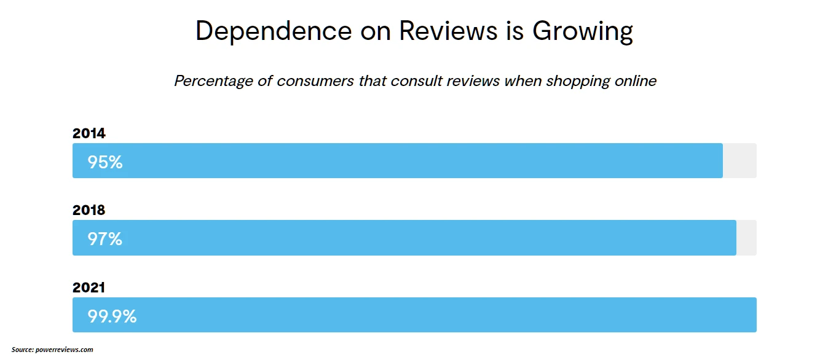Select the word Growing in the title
tap(583, 31)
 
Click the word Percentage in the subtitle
tap(214, 81)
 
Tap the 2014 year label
tap(89, 133)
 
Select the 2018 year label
tap(89, 210)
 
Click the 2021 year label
tap(89, 288)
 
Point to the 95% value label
tap(105, 162)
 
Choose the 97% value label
tap(105, 238)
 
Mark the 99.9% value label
tap(112, 316)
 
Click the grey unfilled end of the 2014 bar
tap(739, 161)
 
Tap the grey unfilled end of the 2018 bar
tap(746, 238)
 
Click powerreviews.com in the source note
tap(64, 350)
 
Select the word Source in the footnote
tap(22, 350)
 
